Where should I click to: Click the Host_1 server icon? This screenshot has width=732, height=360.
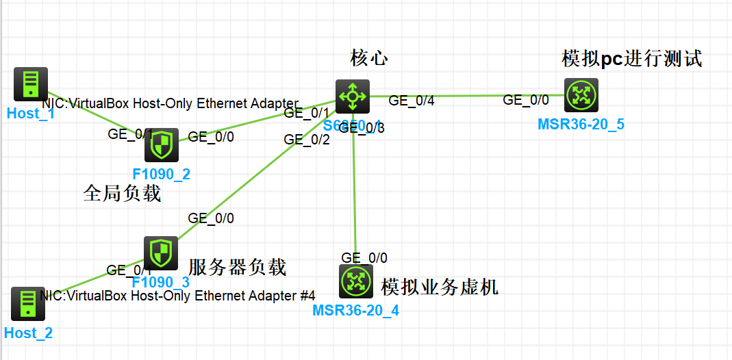[31, 84]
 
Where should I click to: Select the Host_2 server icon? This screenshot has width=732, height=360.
[28, 304]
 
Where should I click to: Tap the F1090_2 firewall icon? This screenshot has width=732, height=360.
[162, 145]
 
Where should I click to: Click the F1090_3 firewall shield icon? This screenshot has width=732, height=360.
[161, 253]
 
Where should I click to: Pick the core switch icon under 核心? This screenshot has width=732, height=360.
[353, 97]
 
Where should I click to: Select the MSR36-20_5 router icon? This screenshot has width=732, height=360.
[581, 95]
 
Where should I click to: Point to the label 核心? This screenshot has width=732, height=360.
[369, 57]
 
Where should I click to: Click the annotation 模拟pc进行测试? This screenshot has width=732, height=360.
[631, 59]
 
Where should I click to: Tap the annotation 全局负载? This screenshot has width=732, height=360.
[122, 194]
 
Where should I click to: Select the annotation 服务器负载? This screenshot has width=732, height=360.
[237, 267]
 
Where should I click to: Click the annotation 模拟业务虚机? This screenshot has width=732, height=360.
[440, 287]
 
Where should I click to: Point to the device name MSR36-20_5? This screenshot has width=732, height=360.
[581, 124]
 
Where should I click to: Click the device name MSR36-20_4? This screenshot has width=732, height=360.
[355, 311]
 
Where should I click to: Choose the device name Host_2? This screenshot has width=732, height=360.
[28, 333]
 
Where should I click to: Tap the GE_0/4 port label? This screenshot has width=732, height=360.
[412, 101]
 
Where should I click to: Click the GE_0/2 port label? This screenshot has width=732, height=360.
[307, 139]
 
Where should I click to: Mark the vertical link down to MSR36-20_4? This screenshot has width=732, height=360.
[354, 198]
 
